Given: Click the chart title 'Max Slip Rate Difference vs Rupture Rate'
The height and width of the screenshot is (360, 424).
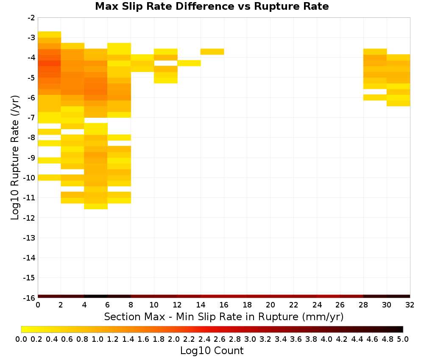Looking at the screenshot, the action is [212, 6].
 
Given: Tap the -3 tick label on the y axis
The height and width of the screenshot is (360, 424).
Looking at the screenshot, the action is [31, 38].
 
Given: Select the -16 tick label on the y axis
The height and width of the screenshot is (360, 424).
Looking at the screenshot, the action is [29, 298].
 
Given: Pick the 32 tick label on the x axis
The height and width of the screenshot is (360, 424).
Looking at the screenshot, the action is [410, 305].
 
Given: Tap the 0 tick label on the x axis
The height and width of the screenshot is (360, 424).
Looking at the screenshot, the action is [38, 305].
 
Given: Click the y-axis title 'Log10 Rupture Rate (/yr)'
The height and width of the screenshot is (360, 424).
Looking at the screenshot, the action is [15, 158].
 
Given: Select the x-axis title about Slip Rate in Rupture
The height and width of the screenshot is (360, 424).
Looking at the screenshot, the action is [224, 316].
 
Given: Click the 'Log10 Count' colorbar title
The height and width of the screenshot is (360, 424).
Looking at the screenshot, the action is [212, 351].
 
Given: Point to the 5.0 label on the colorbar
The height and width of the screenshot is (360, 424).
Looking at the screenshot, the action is [403, 339].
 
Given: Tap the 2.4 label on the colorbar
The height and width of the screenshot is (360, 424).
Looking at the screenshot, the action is [204, 339].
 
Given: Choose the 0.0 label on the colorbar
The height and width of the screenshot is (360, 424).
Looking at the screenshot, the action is [21, 339].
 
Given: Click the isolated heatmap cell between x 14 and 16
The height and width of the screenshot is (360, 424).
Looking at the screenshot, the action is [212, 52].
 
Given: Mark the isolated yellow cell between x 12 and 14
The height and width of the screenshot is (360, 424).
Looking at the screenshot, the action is [189, 63].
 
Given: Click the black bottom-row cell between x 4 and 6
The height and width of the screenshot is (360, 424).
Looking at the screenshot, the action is [96, 296].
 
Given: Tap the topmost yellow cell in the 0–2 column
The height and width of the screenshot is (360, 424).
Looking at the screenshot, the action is [50, 35].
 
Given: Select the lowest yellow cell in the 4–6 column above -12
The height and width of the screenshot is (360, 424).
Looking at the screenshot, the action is [96, 206].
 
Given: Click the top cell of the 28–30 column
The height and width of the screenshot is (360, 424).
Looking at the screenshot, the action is [375, 52].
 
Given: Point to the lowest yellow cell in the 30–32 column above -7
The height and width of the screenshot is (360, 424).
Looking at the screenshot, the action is [398, 103].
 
